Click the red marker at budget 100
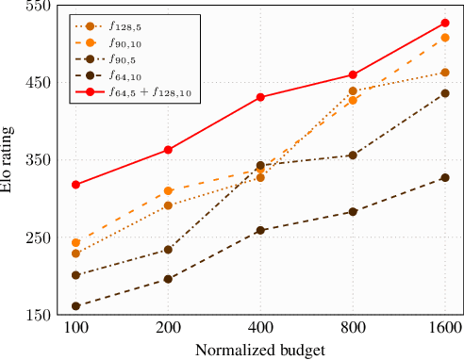click(75, 185)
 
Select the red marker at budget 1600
click(445, 23)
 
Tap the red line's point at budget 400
click(260, 97)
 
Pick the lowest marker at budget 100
click(75, 306)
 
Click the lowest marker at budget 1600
click(445, 177)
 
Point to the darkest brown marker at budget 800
click(353, 212)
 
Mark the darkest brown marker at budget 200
click(168, 279)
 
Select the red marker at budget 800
click(353, 74)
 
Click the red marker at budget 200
click(168, 150)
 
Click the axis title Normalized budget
click(260, 350)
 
